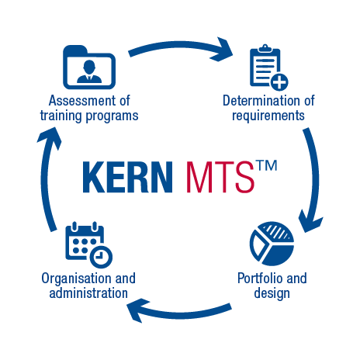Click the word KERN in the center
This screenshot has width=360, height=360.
[x=127, y=177]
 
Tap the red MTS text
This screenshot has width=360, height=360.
[x=220, y=177]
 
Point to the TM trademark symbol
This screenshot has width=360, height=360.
[x=266, y=165]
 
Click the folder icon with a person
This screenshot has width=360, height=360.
[x=89, y=67]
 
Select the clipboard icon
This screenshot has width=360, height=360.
[x=269, y=67]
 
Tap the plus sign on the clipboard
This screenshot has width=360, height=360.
[x=279, y=82]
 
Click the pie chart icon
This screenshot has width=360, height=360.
[x=272, y=244]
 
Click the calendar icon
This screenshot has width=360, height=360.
[x=88, y=245]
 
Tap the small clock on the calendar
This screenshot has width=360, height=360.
[x=101, y=257]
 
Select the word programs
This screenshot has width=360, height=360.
[x=112, y=116]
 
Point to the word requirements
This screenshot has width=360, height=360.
[x=268, y=116]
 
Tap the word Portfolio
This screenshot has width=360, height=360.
[x=260, y=279]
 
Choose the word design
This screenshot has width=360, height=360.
[x=272, y=293]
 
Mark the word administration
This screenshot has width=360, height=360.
[x=88, y=293]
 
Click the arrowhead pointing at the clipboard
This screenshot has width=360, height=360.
[x=222, y=50]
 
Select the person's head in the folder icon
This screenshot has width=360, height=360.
[x=89, y=66]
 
